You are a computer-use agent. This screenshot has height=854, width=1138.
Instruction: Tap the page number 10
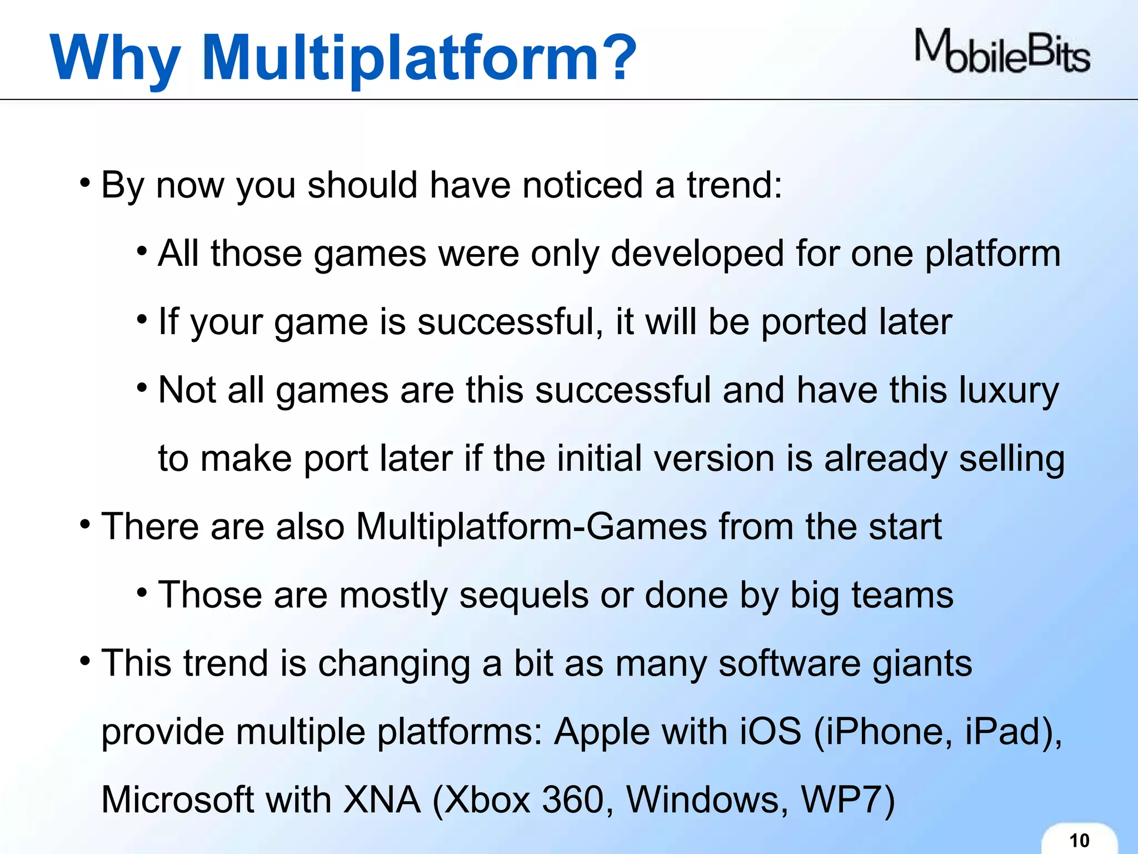click(1079, 840)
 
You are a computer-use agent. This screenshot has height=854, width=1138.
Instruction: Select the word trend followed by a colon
click(735, 185)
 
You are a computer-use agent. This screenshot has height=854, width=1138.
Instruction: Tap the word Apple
click(602, 732)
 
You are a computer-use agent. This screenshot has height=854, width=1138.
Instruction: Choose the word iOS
click(770, 732)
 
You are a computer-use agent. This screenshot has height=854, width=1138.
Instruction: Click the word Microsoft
click(177, 800)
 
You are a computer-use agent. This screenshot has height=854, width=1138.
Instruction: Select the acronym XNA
click(382, 800)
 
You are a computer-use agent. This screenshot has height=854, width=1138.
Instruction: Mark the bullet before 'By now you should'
click(84, 183)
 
